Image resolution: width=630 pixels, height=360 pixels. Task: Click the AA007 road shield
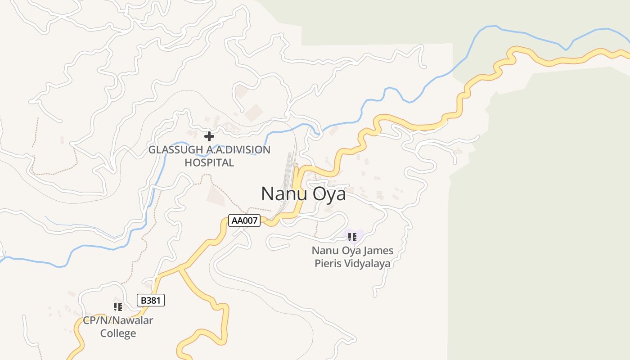pos(244,220)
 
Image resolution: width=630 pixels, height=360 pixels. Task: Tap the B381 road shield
pos(151,300)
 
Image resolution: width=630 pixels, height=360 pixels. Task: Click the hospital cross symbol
pos(209,136)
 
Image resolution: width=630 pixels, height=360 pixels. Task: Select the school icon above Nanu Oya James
pos(352,237)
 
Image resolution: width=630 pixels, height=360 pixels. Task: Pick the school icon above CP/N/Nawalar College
pos(118,307)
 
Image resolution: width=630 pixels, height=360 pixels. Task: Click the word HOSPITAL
pos(209,162)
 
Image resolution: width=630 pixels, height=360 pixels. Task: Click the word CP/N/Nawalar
pos(118,321)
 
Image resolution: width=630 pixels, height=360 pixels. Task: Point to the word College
pos(118,333)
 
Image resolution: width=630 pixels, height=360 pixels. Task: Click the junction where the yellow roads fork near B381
pos(180,268)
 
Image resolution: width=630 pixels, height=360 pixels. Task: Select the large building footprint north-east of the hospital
pos(254,113)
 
